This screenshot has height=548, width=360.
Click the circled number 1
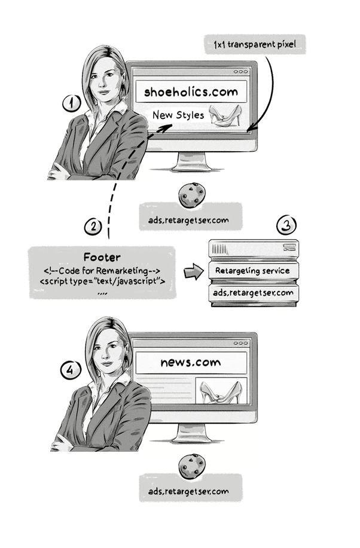72,103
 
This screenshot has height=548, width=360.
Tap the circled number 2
93,227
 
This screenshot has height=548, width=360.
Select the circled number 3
286,225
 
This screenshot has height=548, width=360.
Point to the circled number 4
71,370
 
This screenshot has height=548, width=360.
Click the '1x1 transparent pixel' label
255,44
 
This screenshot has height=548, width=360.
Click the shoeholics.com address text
191,92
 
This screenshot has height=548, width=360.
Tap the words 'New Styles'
178,115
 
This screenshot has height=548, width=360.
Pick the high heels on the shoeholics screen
225,115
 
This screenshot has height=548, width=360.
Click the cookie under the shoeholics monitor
192,195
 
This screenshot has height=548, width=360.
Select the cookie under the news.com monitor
192,466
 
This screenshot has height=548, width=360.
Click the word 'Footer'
102,257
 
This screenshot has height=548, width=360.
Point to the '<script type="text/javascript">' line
102,281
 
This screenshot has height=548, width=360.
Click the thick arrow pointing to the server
194,271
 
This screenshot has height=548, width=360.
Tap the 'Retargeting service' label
252,271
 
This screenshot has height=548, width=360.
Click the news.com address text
191,362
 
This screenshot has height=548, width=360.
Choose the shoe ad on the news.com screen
221,391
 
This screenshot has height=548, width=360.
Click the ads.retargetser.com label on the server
253,292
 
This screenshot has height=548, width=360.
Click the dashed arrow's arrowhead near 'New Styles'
165,128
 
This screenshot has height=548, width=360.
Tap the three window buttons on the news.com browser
241,343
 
